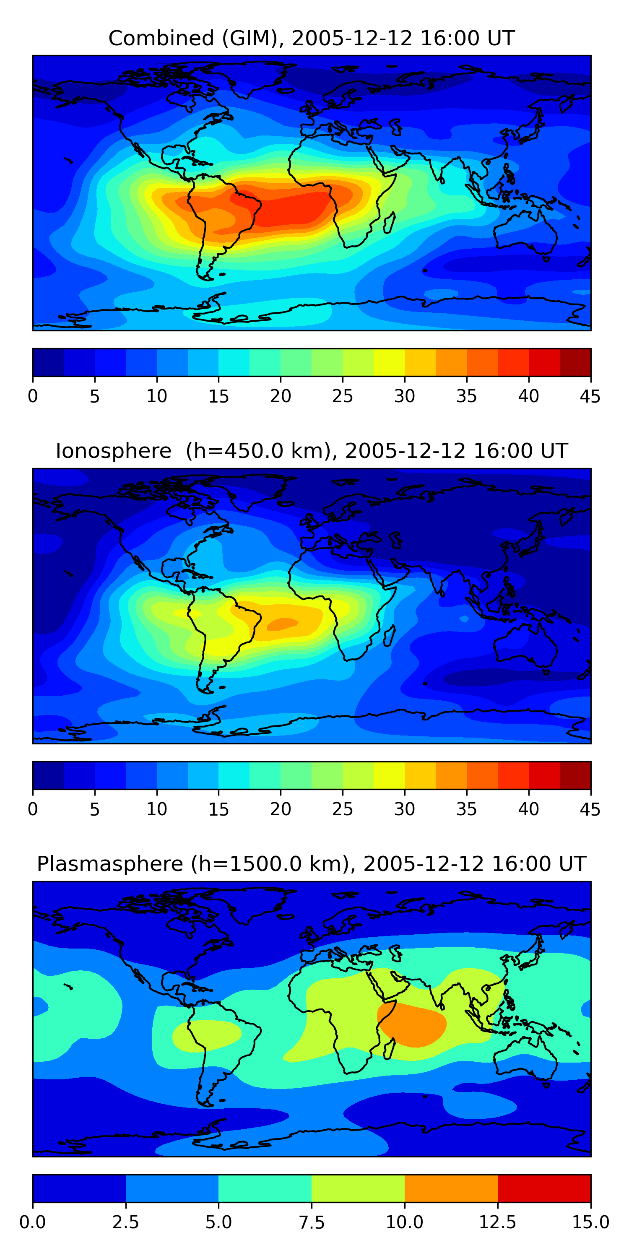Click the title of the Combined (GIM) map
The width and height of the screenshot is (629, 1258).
(312, 38)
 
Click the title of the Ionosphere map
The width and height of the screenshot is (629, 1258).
(312, 451)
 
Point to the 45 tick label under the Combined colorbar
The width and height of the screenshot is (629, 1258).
(590, 396)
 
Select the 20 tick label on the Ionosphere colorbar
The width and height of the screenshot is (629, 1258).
(280, 809)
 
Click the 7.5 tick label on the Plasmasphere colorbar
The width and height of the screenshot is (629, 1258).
(312, 1222)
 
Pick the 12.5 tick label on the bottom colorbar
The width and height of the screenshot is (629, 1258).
(497, 1222)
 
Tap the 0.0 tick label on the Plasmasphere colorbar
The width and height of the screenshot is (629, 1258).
(33, 1222)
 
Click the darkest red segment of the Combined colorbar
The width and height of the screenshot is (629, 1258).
(575, 362)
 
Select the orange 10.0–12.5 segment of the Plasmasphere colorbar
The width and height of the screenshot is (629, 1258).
(451, 1188)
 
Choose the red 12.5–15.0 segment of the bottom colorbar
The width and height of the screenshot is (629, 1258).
(544, 1188)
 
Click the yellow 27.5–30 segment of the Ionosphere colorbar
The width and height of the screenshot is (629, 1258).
(389, 775)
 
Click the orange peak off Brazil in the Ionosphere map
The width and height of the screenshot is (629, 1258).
(282, 624)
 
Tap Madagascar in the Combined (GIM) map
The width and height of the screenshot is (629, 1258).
(390, 223)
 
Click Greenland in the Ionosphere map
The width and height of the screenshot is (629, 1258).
(259, 491)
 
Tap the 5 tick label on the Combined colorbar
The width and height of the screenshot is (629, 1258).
(95, 396)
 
